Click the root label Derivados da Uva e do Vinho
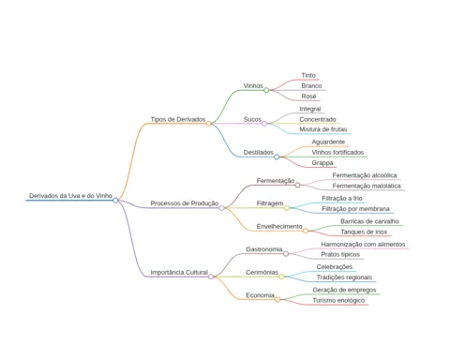click(70, 196)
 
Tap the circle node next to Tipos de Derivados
click(208, 124)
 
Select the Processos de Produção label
click(185, 203)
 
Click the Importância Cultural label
click(179, 272)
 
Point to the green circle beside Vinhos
click(266, 90)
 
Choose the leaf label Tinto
click(308, 75)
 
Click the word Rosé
click(308, 97)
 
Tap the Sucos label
click(252, 119)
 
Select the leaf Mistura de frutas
click(323, 129)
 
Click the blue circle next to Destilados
click(277, 157)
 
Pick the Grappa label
click(322, 163)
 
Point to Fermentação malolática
click(367, 186)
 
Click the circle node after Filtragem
click(287, 208)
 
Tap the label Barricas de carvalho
click(369, 221)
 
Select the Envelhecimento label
click(279, 226)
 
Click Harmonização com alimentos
click(363, 244)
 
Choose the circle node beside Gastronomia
click(286, 254)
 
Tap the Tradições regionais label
click(344, 277)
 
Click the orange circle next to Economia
click(277, 300)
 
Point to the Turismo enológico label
click(338, 300)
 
